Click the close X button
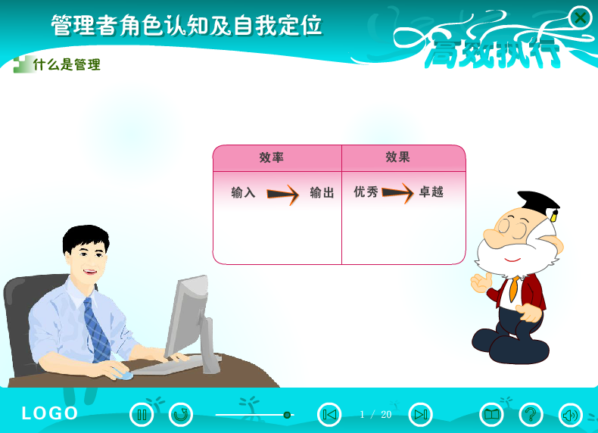(x=580, y=17)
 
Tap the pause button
(x=142, y=414)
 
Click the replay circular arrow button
(x=181, y=414)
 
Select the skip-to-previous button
(x=329, y=414)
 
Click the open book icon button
(x=491, y=414)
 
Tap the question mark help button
(x=531, y=414)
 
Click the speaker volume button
(x=571, y=414)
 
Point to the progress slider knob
(x=287, y=415)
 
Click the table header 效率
(x=271, y=157)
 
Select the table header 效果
(x=397, y=157)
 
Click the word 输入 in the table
(x=243, y=192)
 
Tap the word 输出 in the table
(x=322, y=192)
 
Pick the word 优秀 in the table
(x=366, y=192)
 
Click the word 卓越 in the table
(x=431, y=192)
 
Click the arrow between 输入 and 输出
(x=282, y=195)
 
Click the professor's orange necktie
(x=514, y=288)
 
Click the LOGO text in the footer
(x=49, y=413)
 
